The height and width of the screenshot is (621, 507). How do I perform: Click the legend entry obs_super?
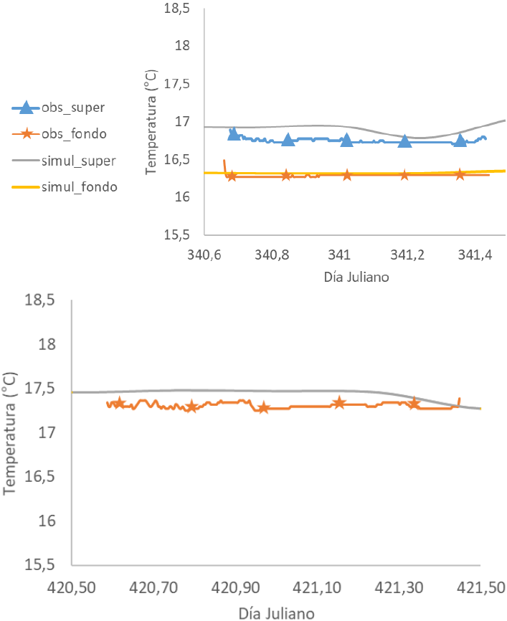pyautogui.click(x=68, y=108)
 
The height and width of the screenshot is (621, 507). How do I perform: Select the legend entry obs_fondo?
pyautogui.click(x=68, y=133)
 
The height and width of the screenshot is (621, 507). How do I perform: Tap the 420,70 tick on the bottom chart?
pyautogui.click(x=153, y=589)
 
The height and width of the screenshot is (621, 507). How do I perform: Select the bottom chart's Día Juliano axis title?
pyautogui.click(x=276, y=612)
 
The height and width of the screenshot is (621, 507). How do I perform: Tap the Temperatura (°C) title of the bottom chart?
pyautogui.click(x=10, y=432)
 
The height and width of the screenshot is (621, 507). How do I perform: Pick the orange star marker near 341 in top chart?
pyautogui.click(x=347, y=175)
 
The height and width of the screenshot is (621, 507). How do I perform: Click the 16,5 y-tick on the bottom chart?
pyautogui.click(x=40, y=477)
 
